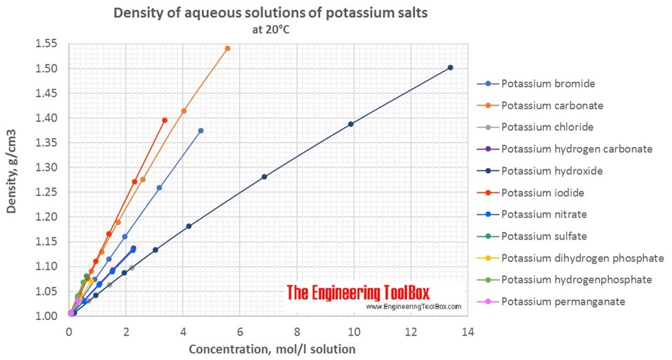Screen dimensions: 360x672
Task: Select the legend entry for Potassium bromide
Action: (x=547, y=83)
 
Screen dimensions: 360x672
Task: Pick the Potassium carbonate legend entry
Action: (x=551, y=105)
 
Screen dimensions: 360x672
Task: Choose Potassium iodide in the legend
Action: (x=542, y=193)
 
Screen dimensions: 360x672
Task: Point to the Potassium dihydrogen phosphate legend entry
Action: (x=582, y=258)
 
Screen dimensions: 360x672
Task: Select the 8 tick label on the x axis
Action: (x=296, y=331)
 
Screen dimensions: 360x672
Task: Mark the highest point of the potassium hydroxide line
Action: (x=450, y=68)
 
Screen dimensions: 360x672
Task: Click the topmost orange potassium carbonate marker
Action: (x=227, y=48)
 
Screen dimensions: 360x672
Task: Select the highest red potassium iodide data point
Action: (x=165, y=120)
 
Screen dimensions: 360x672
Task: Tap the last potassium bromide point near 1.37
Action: (x=200, y=131)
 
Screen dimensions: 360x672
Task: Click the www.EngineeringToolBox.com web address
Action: (x=413, y=307)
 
